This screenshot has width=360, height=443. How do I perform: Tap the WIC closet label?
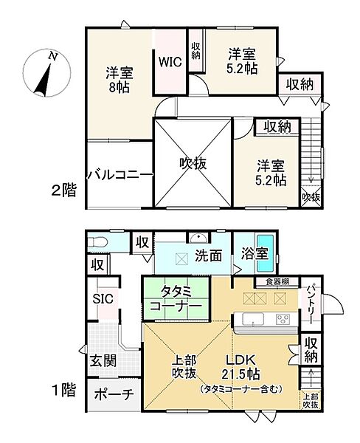(x=166, y=61)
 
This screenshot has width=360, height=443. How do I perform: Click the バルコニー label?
(x=119, y=174)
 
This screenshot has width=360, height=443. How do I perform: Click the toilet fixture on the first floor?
(x=100, y=242)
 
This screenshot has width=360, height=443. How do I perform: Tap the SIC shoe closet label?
(x=102, y=298)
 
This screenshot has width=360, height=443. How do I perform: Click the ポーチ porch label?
(x=113, y=394)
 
